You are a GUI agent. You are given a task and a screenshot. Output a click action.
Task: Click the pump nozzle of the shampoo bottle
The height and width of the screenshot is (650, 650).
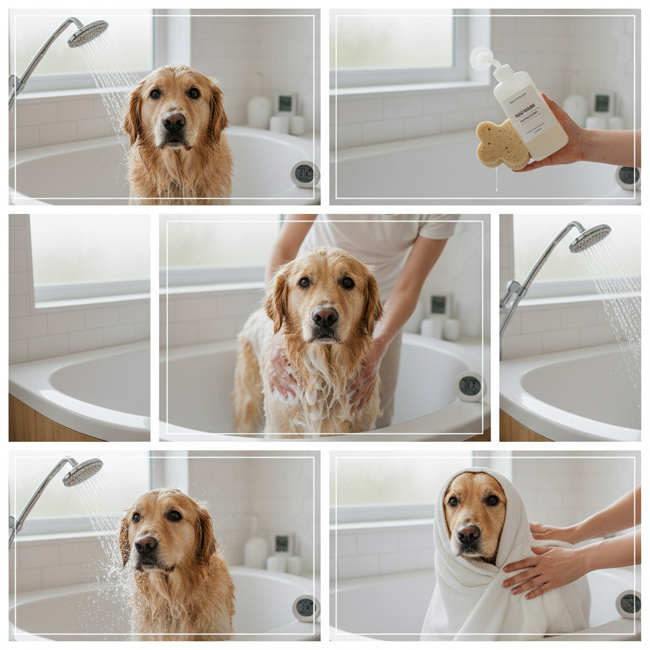click(x=481, y=58)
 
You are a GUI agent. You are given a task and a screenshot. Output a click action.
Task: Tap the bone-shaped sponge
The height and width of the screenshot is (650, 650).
click(x=501, y=144)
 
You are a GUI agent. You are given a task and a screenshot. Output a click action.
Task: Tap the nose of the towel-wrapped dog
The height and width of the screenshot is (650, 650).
click(x=468, y=534)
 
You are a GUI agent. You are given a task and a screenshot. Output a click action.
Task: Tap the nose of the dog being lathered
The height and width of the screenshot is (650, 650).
click(x=324, y=315)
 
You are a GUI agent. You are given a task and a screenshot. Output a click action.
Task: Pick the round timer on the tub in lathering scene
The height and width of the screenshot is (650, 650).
click(x=469, y=386)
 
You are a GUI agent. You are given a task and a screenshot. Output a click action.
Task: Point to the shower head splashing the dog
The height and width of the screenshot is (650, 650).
click(x=83, y=472)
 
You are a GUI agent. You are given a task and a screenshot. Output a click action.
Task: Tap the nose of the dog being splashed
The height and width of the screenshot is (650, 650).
click(x=146, y=545)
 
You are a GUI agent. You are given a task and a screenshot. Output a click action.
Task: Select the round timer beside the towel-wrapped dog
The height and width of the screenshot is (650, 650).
click(x=629, y=604)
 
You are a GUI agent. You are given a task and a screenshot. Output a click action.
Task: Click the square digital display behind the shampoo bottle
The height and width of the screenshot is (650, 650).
click(x=602, y=103)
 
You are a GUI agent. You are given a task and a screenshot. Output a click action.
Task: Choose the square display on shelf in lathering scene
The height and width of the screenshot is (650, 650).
click(x=439, y=305)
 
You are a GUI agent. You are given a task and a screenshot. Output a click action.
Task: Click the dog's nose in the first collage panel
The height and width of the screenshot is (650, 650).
click(x=173, y=120)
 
